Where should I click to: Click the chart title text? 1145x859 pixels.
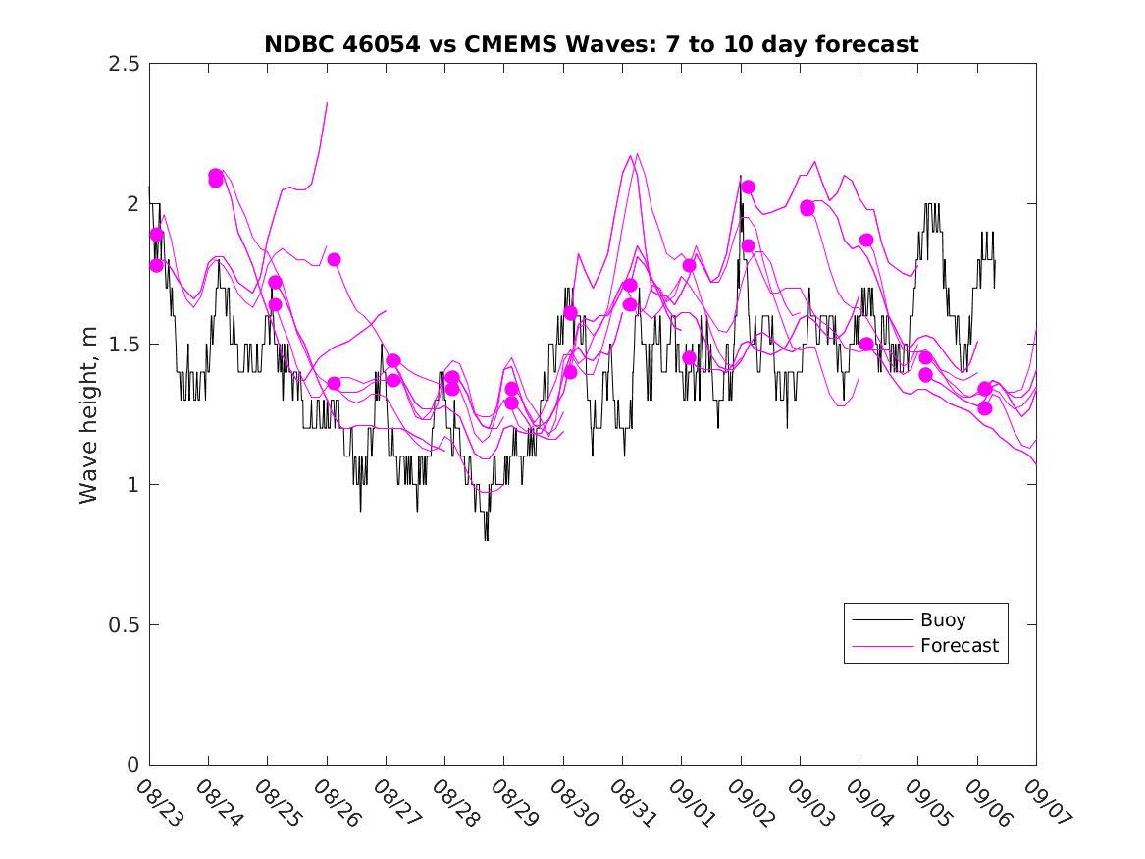pyautogui.click(x=592, y=44)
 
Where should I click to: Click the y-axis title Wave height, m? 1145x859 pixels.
pyautogui.click(x=89, y=414)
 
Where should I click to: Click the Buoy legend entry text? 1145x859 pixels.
pyautogui.click(x=943, y=620)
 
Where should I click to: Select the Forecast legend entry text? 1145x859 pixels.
pyautogui.click(x=959, y=646)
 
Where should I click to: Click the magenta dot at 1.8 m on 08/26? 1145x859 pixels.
pyautogui.click(x=334, y=259)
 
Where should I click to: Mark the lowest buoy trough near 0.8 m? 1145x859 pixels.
pyautogui.click(x=486, y=539)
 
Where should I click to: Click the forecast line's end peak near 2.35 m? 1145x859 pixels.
pyautogui.click(x=327, y=103)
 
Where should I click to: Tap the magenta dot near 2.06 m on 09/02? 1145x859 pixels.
pyautogui.click(x=748, y=187)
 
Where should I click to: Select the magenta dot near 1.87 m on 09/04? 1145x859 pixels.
pyautogui.click(x=866, y=240)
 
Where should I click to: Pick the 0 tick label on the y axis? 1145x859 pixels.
pyautogui.click(x=132, y=766)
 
